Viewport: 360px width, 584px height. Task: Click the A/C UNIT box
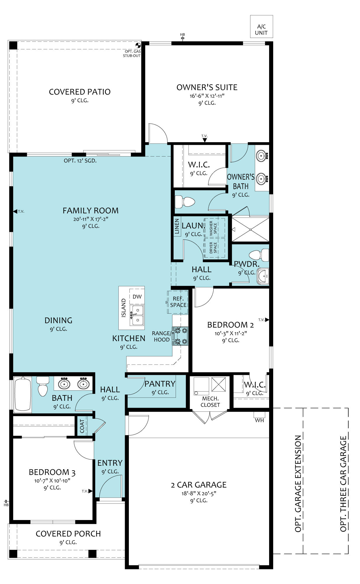(262, 27)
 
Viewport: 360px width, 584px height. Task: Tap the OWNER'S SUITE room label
(207, 87)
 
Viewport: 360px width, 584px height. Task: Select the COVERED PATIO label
(80, 92)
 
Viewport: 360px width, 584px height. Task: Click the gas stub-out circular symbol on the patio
(138, 45)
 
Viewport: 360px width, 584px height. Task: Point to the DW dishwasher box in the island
(137, 297)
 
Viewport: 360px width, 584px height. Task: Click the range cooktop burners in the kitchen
(180, 336)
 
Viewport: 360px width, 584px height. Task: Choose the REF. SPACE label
(178, 302)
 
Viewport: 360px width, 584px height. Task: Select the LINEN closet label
(177, 227)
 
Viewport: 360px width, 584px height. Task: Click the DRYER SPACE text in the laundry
(213, 248)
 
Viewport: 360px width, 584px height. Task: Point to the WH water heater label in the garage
(259, 420)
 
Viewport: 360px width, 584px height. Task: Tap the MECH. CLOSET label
(210, 402)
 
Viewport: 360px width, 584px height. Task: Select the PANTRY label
(160, 384)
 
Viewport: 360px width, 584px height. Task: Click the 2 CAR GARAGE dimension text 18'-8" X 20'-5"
(199, 494)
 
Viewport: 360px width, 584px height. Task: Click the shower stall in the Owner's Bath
(250, 229)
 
